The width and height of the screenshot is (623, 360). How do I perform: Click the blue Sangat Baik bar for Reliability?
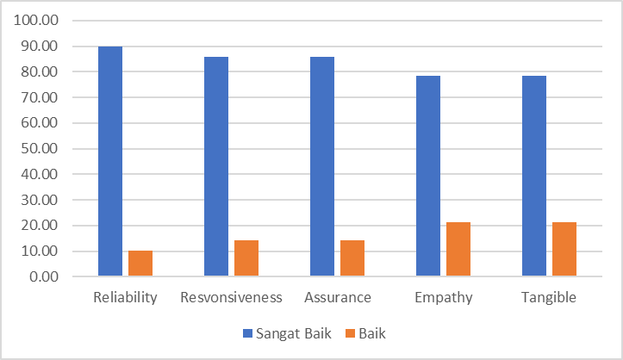pyautogui.click(x=110, y=161)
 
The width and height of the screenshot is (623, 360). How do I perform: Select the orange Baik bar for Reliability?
pyautogui.click(x=140, y=264)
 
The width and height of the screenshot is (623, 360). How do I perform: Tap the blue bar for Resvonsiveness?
pyautogui.click(x=216, y=166)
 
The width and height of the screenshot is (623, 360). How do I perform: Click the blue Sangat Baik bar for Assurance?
pyautogui.click(x=322, y=166)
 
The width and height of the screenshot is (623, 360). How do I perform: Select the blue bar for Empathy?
pyautogui.click(x=428, y=176)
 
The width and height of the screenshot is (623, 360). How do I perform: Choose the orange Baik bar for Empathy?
pyautogui.click(x=458, y=250)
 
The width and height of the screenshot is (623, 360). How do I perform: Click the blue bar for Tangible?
pyautogui.click(x=534, y=176)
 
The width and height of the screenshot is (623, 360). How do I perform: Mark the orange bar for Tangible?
pyautogui.click(x=564, y=250)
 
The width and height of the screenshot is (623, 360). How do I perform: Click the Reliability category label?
pyautogui.click(x=125, y=298)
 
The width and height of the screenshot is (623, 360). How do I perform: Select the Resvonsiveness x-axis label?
pyautogui.click(x=231, y=298)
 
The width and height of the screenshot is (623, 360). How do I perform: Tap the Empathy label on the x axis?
pyautogui.click(x=443, y=298)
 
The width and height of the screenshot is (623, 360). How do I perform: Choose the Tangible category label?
pyautogui.click(x=549, y=298)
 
